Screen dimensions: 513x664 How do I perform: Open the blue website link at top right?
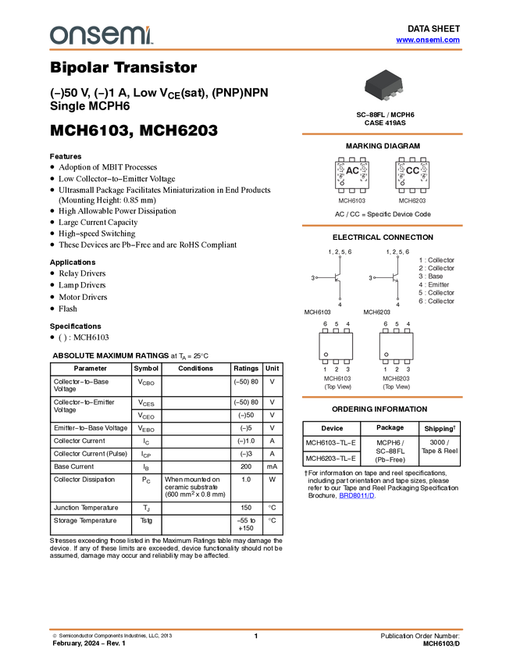[428, 40]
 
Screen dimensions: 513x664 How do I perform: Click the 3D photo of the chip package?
[384, 85]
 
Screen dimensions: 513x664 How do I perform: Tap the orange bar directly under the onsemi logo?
[256, 50]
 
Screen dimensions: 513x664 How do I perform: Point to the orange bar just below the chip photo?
[382, 134]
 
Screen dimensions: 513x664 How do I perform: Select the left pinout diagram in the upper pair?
[352, 176]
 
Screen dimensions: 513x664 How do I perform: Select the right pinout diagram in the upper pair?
[412, 176]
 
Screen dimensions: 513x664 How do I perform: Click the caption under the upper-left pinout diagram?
[352, 201]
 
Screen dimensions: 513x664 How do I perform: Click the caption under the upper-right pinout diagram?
[412, 201]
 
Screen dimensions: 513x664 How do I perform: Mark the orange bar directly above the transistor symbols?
[382, 226]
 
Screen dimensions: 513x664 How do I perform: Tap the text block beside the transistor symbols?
[436, 280]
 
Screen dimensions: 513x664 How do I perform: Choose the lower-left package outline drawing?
[336, 347]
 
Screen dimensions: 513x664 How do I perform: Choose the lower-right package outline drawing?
[396, 347]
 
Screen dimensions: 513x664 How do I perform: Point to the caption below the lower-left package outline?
[337, 382]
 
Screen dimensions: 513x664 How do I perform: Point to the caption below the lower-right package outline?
[396, 382]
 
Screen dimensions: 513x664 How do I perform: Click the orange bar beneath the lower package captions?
[382, 397]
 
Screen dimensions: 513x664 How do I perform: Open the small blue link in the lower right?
[356, 495]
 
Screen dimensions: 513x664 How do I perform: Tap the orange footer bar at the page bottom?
[256, 629]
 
